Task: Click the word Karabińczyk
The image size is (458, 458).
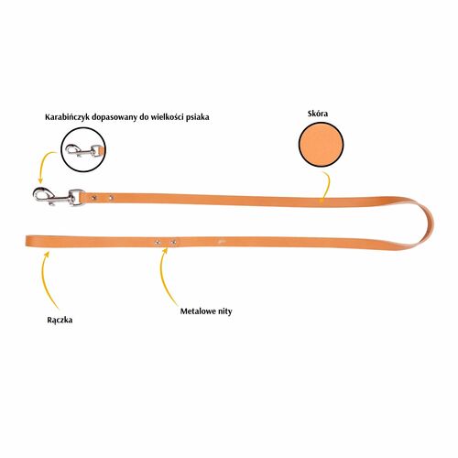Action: pos(67,117)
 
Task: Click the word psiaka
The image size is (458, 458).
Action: pos(198,117)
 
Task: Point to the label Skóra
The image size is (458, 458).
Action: pos(318,114)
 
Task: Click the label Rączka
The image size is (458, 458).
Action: pos(60,321)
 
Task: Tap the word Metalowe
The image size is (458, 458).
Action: pos(196,311)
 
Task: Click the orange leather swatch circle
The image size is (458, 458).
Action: pos(321,144)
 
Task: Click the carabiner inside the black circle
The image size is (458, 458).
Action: pos(83,150)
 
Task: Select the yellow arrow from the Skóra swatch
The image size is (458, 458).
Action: pos(327,186)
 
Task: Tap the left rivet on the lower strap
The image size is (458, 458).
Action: pos(158,242)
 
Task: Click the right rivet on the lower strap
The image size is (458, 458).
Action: pos(174,242)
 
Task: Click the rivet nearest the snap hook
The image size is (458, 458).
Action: pos(93,198)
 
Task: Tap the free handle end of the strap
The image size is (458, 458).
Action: pos(27,240)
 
